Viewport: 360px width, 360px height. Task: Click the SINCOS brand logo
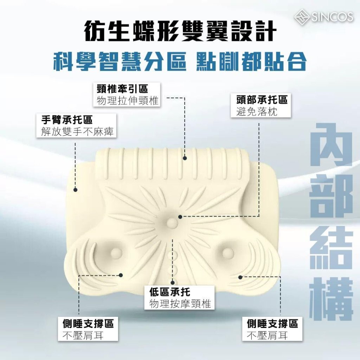[324, 17]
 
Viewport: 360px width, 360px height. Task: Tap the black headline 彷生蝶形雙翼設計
[180, 31]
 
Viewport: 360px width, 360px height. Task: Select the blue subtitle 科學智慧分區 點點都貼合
[180, 61]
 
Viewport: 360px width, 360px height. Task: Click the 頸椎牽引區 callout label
[127, 95]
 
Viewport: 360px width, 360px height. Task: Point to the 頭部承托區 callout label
[261, 105]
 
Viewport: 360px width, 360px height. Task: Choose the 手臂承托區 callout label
[76, 126]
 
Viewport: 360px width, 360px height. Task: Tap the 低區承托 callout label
[179, 297]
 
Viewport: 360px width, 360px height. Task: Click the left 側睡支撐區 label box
[88, 329]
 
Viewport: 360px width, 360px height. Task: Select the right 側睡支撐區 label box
[272, 329]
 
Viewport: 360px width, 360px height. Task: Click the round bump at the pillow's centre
[171, 222]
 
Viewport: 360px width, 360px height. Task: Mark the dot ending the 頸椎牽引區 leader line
[185, 158]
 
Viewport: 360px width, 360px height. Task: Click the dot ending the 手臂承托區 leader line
[75, 189]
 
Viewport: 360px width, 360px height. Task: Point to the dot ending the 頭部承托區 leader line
[180, 217]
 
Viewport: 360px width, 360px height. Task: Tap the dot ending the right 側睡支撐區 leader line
[240, 277]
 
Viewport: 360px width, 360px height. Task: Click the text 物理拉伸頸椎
[128, 101]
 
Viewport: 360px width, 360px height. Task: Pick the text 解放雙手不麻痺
[77, 131]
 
